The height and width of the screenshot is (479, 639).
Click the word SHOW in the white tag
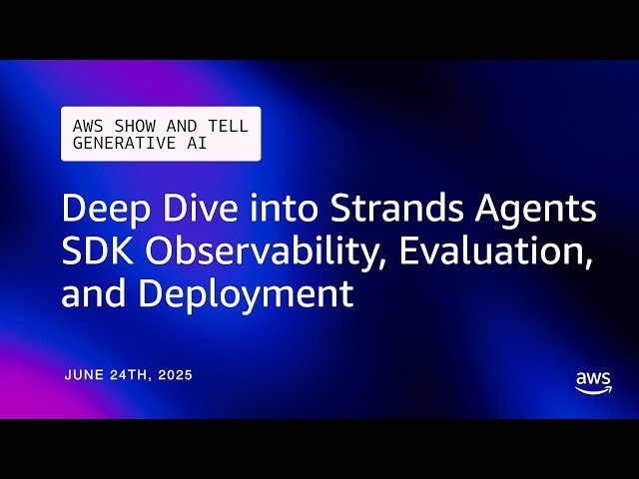[129, 127]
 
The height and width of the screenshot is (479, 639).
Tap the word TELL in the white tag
[228, 127]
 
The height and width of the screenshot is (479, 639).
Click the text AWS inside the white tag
[87, 127]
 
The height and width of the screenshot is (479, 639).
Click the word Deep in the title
[102, 211]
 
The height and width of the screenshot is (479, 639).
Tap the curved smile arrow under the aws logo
[594, 392]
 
